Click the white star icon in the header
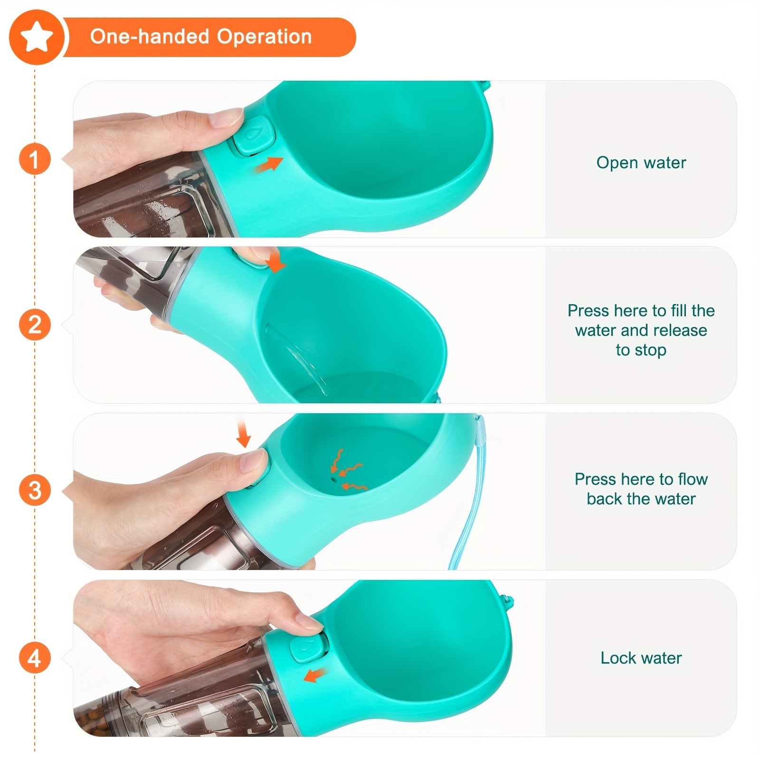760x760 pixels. pos(36,38)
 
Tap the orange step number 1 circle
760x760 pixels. pos(35,159)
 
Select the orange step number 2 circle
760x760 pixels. pos(35,325)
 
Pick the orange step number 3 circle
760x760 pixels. pos(35,491)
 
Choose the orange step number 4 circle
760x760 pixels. pos(35,658)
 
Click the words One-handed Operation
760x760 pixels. pos(201,37)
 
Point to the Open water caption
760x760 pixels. pos(641,162)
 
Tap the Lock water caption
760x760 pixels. pos(641,658)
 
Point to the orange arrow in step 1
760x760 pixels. pos(268,164)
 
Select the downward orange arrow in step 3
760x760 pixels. pos(243,433)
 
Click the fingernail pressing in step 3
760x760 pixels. pos(254,460)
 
